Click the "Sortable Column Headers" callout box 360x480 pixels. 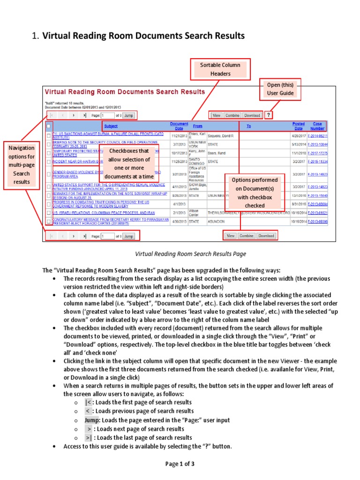coord(220,69)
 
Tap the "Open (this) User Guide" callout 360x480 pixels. coord(280,89)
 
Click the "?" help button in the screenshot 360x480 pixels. coord(269,115)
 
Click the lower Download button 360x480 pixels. coord(266,236)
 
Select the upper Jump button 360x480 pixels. coord(128,115)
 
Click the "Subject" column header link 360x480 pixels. coord(111,126)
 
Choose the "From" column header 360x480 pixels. coord(197,126)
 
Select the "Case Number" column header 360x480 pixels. coord(317,126)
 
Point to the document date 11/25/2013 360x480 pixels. coord(179,161)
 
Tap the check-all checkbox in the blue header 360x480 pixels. coord(49,126)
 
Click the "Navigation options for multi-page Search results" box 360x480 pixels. coord(22,165)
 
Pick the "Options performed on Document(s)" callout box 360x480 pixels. coord(255,193)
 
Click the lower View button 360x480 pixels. coord(231,236)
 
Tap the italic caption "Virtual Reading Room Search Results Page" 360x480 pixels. coord(190,254)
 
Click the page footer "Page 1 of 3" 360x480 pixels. coord(180,464)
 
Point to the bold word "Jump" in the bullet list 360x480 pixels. coord(92,420)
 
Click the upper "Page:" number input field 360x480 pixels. coord(108,115)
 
